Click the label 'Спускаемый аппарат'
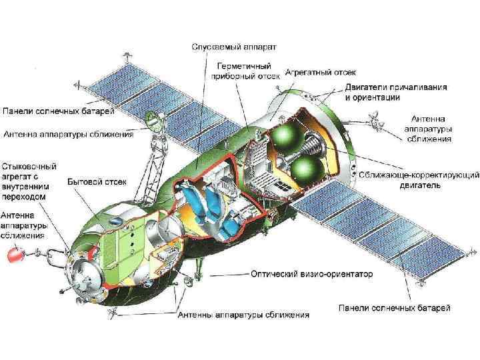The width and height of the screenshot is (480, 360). pos(233,47)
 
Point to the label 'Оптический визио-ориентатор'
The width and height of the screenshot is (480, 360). pos(311,273)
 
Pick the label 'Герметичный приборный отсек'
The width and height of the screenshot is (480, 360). pos(245,71)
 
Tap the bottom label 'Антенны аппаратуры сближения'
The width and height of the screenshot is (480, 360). pos(243,314)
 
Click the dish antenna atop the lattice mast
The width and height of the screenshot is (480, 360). pos(151,121)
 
